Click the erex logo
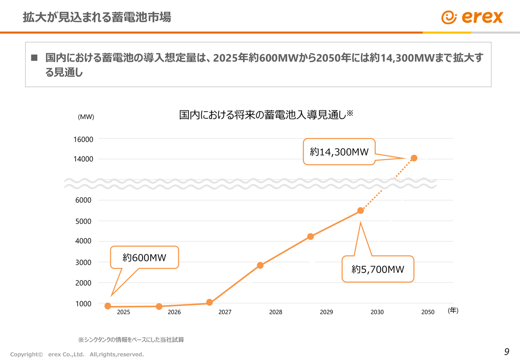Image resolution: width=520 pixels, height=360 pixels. (472, 17)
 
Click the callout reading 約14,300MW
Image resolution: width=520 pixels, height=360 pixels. (339, 152)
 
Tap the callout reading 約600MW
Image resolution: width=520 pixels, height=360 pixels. (145, 257)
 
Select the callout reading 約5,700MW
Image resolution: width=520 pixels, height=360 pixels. (378, 269)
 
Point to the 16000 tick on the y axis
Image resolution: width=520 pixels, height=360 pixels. (83, 139)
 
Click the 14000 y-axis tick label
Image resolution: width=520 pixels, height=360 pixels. (83, 159)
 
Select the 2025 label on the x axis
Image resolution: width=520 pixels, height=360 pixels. (123, 312)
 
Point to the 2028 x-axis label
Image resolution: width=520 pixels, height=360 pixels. (275, 312)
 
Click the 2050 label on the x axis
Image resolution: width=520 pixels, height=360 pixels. (428, 312)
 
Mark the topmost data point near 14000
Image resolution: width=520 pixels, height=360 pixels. (414, 158)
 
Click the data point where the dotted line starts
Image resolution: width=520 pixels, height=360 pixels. (360, 210)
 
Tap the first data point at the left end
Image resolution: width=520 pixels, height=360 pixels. (108, 306)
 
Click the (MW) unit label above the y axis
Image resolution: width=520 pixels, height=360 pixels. (86, 117)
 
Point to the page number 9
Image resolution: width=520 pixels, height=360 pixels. (506, 352)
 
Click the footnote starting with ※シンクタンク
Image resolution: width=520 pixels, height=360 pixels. (131, 339)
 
